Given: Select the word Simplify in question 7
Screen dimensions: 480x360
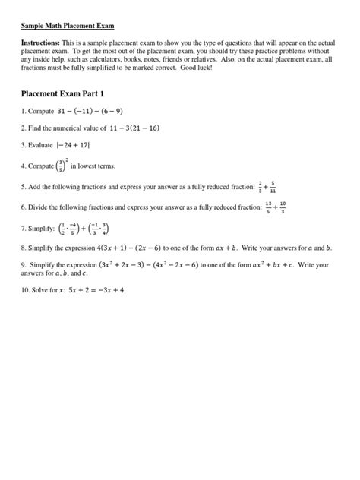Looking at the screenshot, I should (38, 229).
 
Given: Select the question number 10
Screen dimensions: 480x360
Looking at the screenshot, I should (24, 289).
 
